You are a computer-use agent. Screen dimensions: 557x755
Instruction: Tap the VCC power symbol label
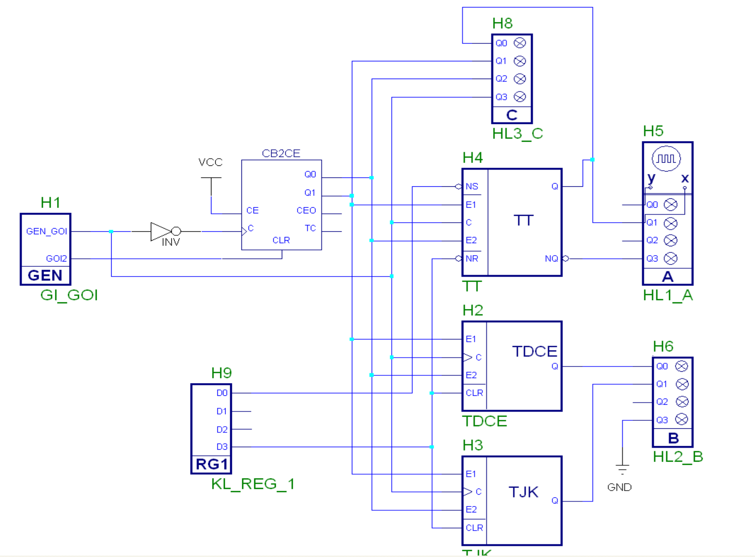[x=210, y=162]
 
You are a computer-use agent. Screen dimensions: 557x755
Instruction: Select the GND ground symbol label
[x=619, y=487]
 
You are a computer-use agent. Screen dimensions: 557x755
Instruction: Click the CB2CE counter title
[x=281, y=153]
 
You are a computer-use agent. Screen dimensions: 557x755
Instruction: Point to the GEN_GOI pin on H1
[x=46, y=231]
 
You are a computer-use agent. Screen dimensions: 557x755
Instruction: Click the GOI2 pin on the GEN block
[x=56, y=259]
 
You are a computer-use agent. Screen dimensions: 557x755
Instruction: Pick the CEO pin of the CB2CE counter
[x=306, y=210]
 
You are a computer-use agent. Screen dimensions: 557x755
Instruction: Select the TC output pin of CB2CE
[x=310, y=228]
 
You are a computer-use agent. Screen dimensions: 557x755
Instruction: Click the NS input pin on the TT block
[x=472, y=186]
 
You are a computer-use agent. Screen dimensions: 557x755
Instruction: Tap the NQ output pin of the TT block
[x=551, y=259]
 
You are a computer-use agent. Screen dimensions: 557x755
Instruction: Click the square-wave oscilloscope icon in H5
[x=666, y=158]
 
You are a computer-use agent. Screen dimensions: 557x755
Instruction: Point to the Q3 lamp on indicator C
[x=520, y=97]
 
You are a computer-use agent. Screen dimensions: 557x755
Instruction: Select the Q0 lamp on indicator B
[x=681, y=366]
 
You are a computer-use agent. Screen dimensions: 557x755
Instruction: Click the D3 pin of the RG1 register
[x=222, y=447]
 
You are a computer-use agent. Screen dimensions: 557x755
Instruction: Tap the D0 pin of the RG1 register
[x=222, y=393]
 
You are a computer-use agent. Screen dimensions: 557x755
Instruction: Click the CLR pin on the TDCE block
[x=474, y=393]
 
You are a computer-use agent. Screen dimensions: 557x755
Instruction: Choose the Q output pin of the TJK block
[x=555, y=501]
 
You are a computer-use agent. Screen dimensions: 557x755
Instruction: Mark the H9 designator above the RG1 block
[x=221, y=373]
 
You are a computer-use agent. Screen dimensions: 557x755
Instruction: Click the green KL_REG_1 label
[x=253, y=484]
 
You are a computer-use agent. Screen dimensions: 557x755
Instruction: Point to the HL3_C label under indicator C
[x=517, y=134]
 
